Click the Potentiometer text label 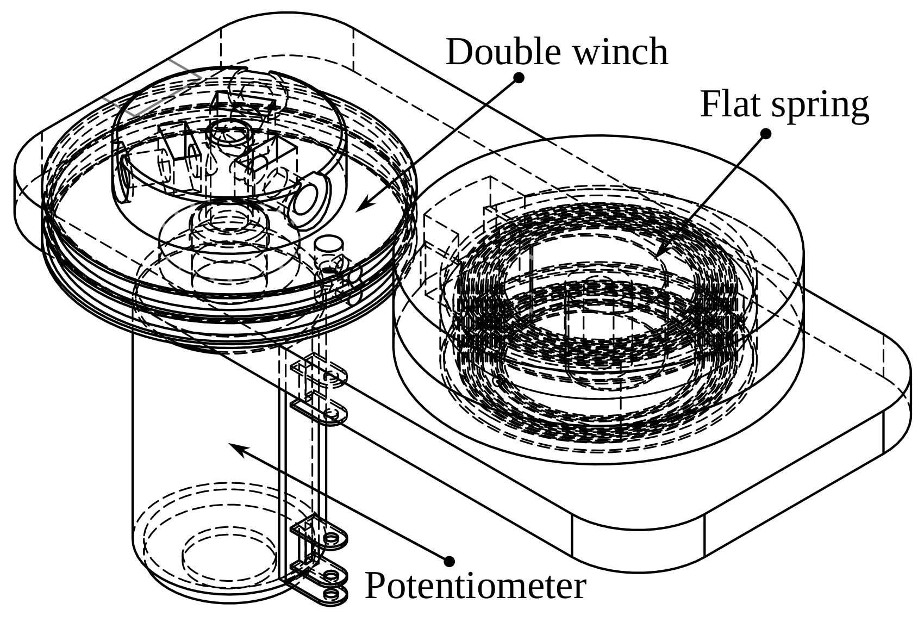tap(475, 586)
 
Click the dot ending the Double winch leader tap(519, 78)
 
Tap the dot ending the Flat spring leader tap(766, 133)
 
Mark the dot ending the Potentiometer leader tap(449, 561)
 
